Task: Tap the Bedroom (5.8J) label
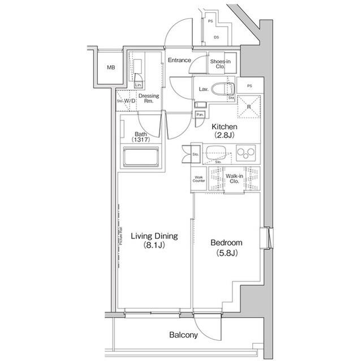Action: click(x=226, y=247)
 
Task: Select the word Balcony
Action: click(x=184, y=335)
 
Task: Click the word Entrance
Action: click(x=179, y=60)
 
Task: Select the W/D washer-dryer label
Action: click(x=130, y=102)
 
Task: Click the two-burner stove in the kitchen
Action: click(x=247, y=152)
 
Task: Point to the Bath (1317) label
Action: click(x=140, y=136)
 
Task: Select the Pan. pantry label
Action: click(x=200, y=114)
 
